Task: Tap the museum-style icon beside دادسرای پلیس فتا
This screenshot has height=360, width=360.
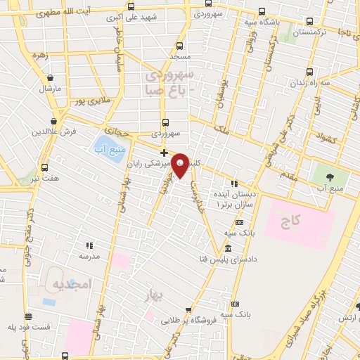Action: click(227, 250)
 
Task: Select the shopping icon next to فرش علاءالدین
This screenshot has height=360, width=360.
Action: click(54, 121)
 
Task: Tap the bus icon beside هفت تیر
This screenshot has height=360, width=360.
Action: click(45, 167)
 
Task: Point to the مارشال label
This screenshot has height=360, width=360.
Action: click(50, 89)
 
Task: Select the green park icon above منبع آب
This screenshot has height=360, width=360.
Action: click(326, 174)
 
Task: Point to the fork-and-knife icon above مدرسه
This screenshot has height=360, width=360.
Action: click(89, 245)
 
